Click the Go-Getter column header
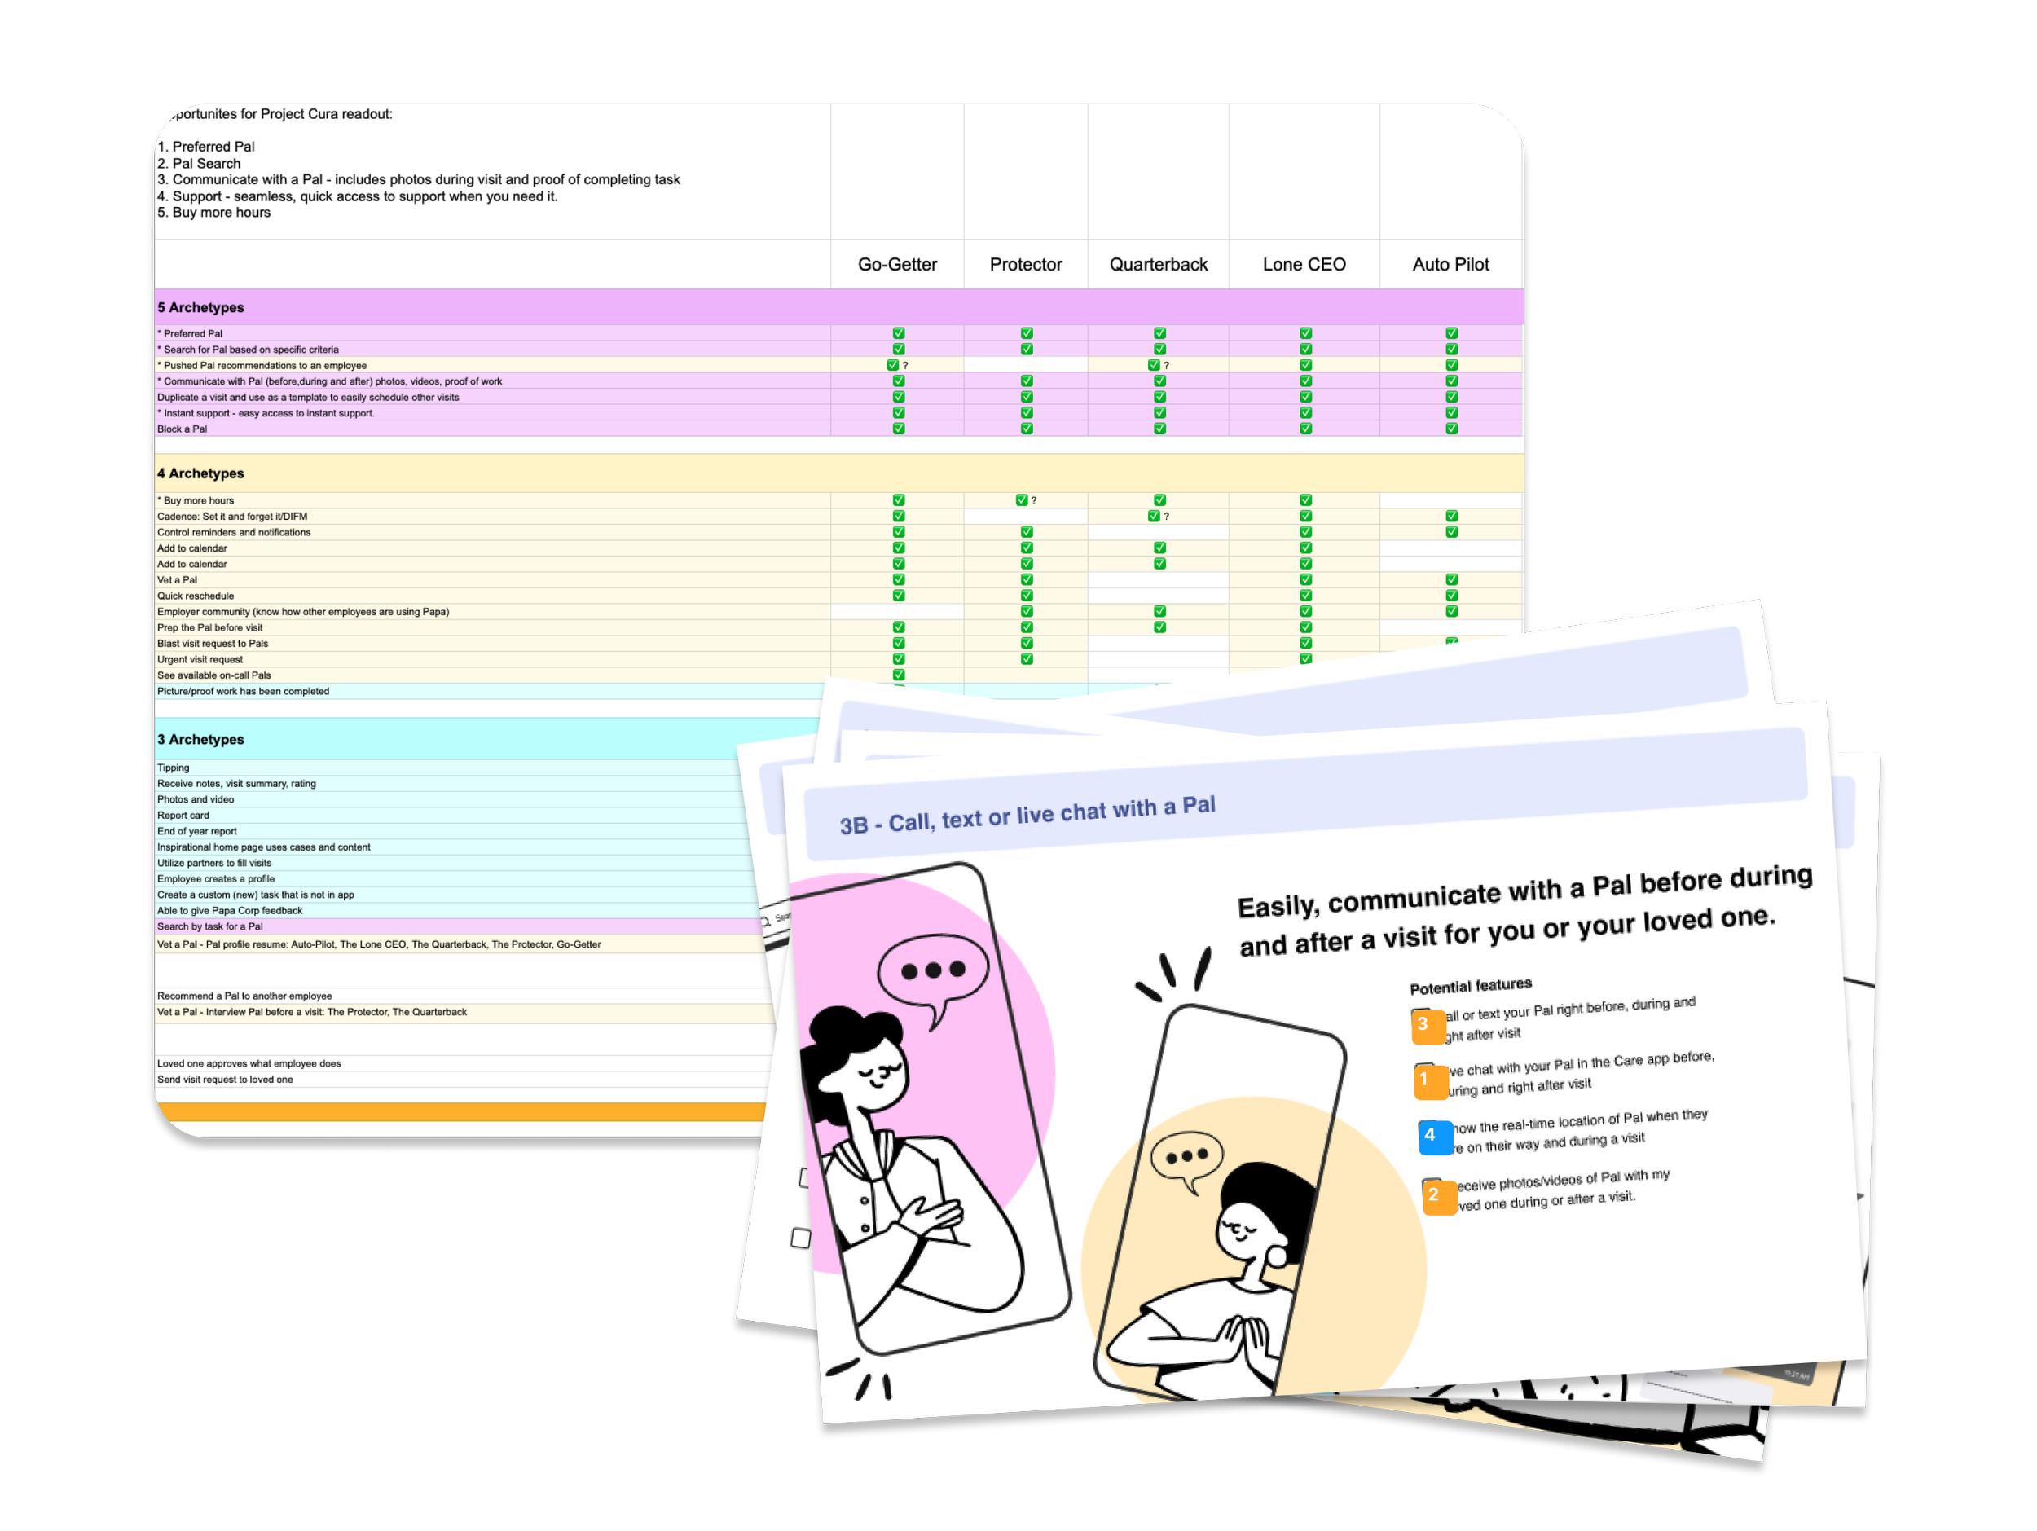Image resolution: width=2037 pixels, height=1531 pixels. click(897, 264)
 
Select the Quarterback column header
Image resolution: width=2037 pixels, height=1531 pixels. click(1158, 264)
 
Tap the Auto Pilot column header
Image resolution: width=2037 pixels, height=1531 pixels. click(1450, 264)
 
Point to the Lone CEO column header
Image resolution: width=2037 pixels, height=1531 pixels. click(1304, 264)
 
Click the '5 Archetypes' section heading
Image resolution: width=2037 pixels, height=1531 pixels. click(200, 307)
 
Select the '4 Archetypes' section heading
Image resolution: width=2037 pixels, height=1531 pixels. click(200, 473)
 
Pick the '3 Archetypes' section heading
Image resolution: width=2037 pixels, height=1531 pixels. click(200, 739)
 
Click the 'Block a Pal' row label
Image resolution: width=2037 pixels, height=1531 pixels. click(183, 429)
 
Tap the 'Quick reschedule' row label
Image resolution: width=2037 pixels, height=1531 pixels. click(196, 596)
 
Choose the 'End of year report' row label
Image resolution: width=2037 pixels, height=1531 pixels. click(197, 831)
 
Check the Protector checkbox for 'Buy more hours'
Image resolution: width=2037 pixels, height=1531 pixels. click(1021, 500)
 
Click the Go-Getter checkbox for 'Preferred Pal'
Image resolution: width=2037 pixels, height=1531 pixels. click(899, 333)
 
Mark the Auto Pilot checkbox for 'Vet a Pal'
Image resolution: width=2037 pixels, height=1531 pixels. click(1451, 580)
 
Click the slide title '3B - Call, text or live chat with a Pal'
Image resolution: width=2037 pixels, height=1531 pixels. click(1027, 814)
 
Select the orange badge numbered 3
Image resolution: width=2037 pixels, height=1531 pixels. click(1424, 1025)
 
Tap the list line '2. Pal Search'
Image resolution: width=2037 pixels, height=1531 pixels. click(199, 163)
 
